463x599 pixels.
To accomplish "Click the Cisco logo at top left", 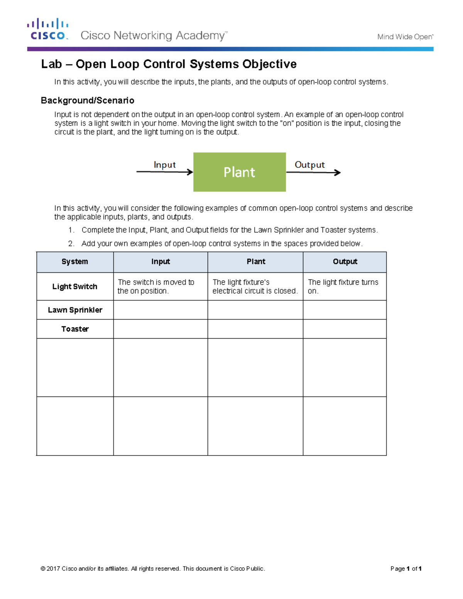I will pyautogui.click(x=48, y=29).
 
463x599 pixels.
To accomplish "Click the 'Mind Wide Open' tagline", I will pyautogui.click(x=405, y=37).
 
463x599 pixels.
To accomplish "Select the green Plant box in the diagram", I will pyautogui.click(x=239, y=172).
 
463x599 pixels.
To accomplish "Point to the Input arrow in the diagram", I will pyautogui.click(x=164, y=172).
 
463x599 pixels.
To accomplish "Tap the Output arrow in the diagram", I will pyautogui.click(x=313, y=172).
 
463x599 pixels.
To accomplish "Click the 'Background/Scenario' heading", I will pyautogui.click(x=88, y=101).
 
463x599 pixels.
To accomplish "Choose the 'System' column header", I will pyautogui.click(x=75, y=262).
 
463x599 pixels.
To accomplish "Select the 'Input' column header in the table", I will pyautogui.click(x=161, y=262).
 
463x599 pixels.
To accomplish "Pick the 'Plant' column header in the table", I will pyautogui.click(x=255, y=262).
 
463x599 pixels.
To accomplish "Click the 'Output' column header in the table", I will pyautogui.click(x=345, y=262).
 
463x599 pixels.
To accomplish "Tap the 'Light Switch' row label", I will pyautogui.click(x=75, y=287).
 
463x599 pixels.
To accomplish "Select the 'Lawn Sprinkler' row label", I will pyautogui.click(x=75, y=310).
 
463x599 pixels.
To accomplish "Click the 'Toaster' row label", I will pyautogui.click(x=75, y=329).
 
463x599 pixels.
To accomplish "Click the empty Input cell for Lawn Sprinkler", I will pyautogui.click(x=161, y=310).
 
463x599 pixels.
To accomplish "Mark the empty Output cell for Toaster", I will pyautogui.click(x=345, y=329).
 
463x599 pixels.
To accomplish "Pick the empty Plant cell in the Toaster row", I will pyautogui.click(x=255, y=329).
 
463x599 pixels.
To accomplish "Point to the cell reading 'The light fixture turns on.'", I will pyautogui.click(x=343, y=287).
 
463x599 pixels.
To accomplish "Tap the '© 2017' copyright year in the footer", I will pyautogui.click(x=51, y=569).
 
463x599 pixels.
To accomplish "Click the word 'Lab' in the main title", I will pyautogui.click(x=51, y=64).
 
